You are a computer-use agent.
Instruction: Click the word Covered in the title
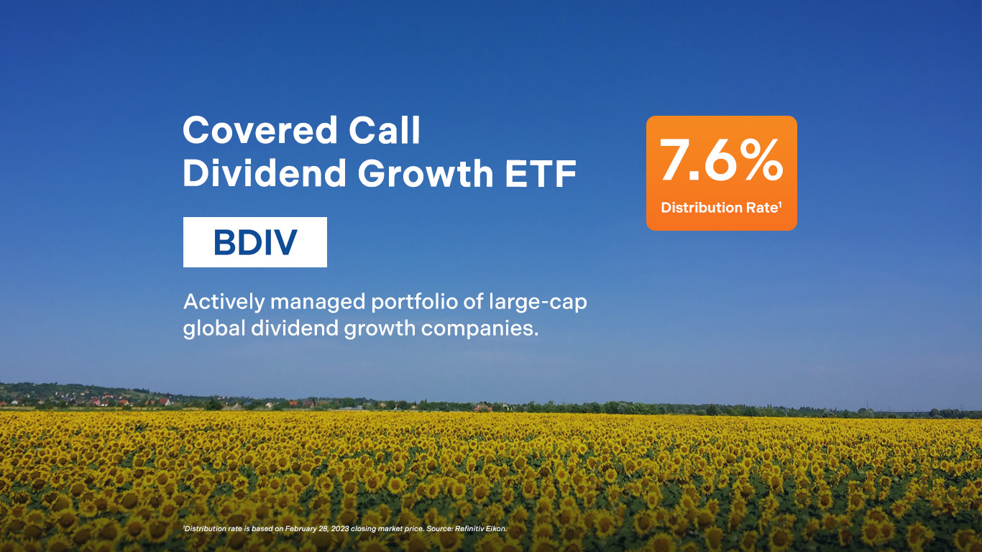(260, 130)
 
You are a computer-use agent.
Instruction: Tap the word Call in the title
(385, 130)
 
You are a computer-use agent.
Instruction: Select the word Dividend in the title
(265, 172)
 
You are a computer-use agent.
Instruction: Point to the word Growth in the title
(426, 174)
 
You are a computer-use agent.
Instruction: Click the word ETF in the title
(541, 174)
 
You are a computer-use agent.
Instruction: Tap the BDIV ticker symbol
(255, 242)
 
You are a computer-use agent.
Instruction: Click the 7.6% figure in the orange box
(721, 160)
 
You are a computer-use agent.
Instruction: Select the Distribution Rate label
(720, 208)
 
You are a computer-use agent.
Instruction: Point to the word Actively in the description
(224, 303)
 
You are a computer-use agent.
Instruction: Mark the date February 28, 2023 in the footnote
(317, 529)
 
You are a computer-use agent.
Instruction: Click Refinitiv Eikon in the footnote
(480, 529)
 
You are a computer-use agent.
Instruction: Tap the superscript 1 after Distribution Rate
(780, 203)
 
